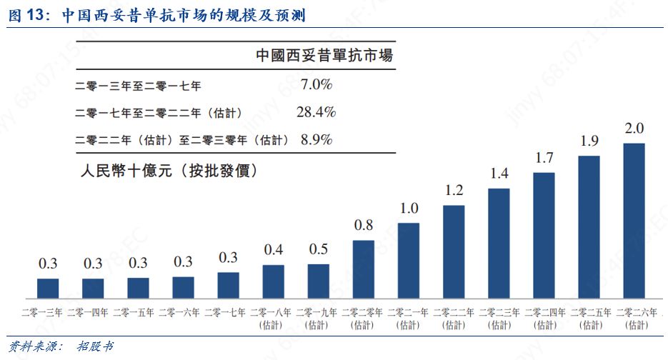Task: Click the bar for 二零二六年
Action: (x=634, y=221)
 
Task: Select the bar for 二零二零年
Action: (x=364, y=269)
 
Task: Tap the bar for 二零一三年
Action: (x=48, y=288)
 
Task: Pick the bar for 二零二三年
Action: (x=499, y=244)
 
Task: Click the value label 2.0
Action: (x=634, y=129)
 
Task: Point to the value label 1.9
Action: (x=589, y=141)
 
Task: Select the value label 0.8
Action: (x=364, y=226)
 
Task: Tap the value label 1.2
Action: (x=454, y=191)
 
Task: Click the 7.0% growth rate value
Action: (x=316, y=85)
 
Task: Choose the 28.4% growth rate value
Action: (x=316, y=112)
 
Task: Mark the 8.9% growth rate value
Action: (x=316, y=139)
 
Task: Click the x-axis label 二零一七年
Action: (x=228, y=312)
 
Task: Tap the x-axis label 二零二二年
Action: (x=454, y=312)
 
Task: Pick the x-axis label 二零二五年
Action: (x=589, y=312)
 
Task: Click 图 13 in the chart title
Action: (x=27, y=15)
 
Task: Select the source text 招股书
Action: (x=95, y=347)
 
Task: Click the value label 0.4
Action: (x=273, y=250)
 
